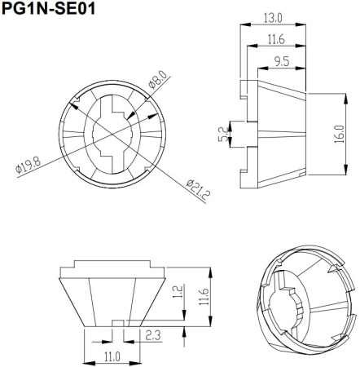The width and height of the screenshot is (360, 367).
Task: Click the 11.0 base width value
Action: click(112, 356)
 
